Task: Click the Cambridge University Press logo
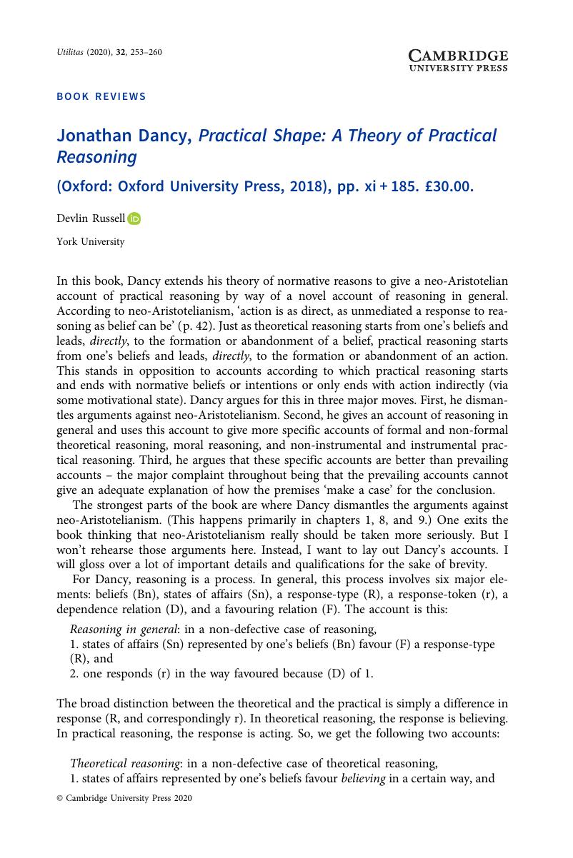[x=458, y=61]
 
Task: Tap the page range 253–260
[x=146, y=52]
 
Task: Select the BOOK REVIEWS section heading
[x=101, y=96]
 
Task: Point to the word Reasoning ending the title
[x=96, y=156]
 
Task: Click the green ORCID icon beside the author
[x=135, y=219]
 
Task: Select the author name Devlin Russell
[x=91, y=219]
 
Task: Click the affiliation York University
[x=90, y=242]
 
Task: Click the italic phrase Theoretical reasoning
[x=126, y=763]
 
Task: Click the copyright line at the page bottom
[x=124, y=799]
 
